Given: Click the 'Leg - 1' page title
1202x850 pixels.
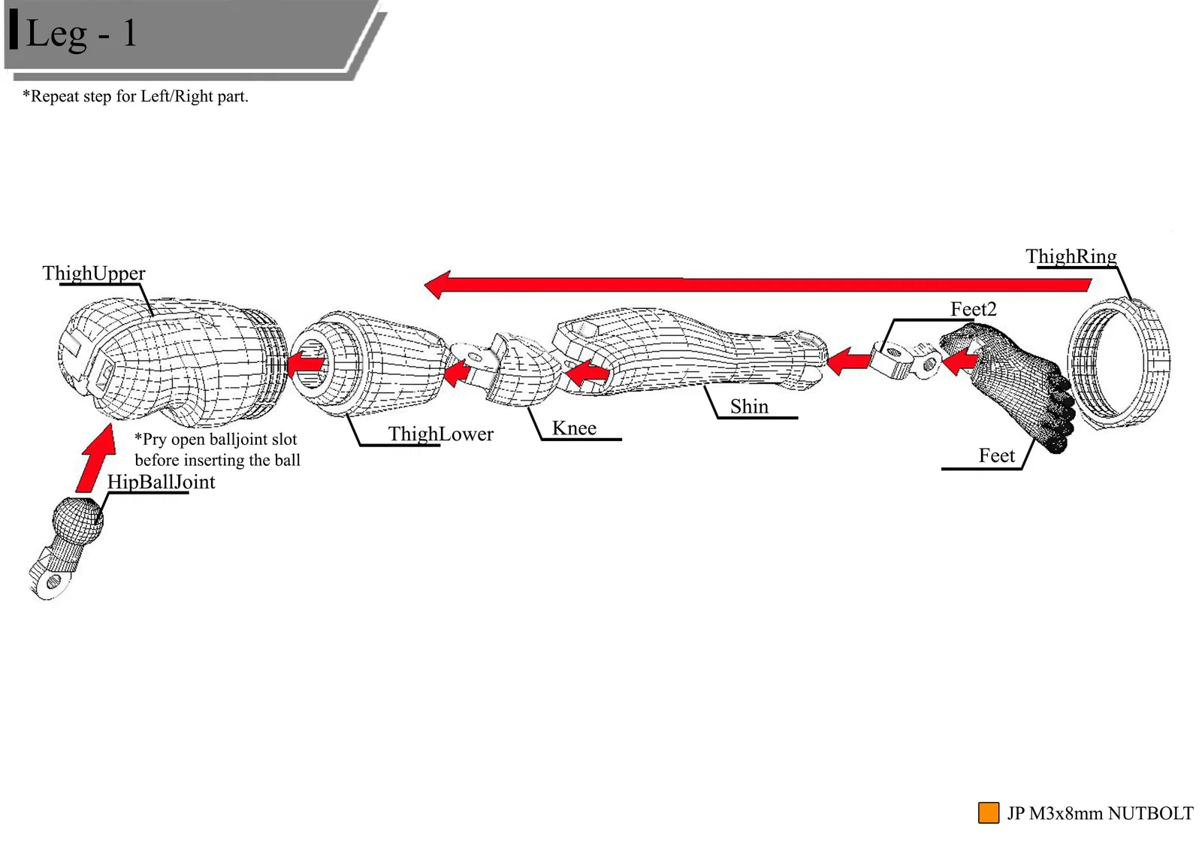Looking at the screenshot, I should [81, 33].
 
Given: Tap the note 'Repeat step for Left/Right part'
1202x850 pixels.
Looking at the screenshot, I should [135, 96].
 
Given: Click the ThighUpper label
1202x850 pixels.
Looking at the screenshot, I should [94, 273].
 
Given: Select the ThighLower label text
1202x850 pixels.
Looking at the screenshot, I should [440, 434].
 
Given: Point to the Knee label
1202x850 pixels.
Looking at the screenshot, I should [574, 428].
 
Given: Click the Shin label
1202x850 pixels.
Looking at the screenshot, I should [749, 407].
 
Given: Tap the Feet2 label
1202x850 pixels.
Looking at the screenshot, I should [973, 309].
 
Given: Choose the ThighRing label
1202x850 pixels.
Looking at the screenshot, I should [1071, 256].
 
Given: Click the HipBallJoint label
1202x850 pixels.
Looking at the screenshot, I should [161, 482].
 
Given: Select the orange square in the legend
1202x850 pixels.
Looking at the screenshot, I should [988, 812].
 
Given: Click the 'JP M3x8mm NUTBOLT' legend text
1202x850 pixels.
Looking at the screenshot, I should [1100, 813].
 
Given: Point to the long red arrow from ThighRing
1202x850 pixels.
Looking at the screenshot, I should [751, 284].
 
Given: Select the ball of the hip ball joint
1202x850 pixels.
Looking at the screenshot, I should [77, 519].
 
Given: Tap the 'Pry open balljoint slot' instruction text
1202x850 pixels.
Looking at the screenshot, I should [216, 449].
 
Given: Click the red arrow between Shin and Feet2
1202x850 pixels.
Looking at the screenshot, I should [849, 361].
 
